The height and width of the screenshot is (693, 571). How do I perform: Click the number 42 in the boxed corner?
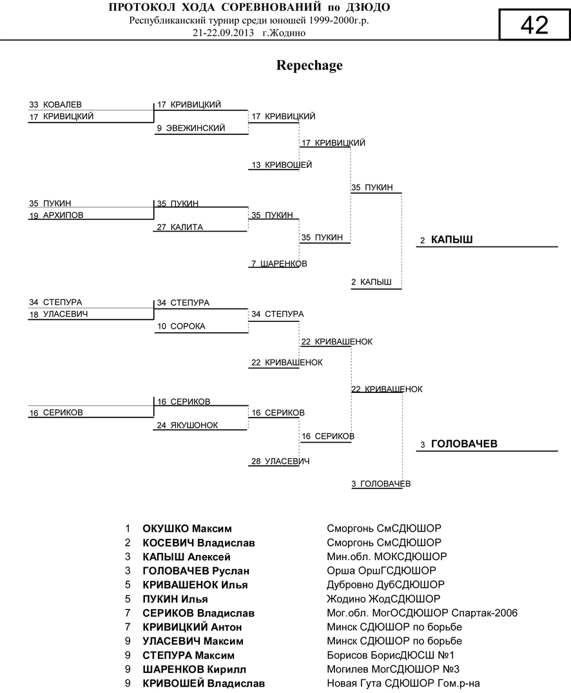pyautogui.click(x=534, y=25)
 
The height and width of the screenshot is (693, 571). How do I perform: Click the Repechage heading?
pyautogui.click(x=309, y=65)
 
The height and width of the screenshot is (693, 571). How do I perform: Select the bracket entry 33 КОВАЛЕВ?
pyautogui.click(x=55, y=105)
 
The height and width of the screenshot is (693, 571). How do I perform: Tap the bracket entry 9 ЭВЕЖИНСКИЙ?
pyautogui.click(x=191, y=128)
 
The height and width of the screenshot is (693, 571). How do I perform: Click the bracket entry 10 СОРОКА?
pyautogui.click(x=181, y=326)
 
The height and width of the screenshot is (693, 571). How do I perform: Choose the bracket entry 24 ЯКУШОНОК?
pyautogui.click(x=187, y=425)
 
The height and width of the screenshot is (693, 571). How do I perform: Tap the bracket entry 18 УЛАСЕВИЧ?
pyautogui.click(x=59, y=314)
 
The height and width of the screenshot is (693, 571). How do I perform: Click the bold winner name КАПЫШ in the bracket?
pyautogui.click(x=452, y=240)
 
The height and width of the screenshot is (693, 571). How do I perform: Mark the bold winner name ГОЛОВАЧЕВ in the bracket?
pyautogui.click(x=463, y=445)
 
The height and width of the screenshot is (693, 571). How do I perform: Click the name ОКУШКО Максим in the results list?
pyautogui.click(x=187, y=529)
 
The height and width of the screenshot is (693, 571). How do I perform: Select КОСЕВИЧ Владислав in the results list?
pyautogui.click(x=198, y=543)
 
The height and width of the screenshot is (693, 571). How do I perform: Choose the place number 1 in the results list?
pyautogui.click(x=128, y=529)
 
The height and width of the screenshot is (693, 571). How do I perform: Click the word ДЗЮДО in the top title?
pyautogui.click(x=367, y=8)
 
